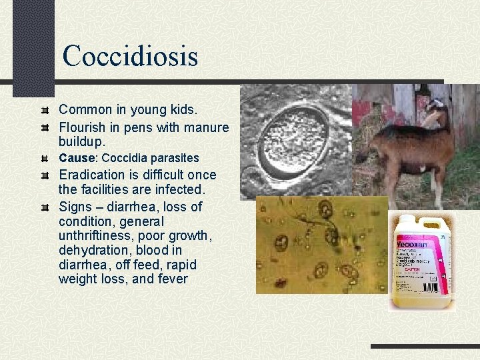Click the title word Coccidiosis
pyautogui.click(x=130, y=55)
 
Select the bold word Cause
pyautogui.click(x=78, y=158)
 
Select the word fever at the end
pyautogui.click(x=173, y=279)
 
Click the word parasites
pyautogui.click(x=174, y=158)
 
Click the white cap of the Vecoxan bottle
pyautogui.click(x=405, y=219)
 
